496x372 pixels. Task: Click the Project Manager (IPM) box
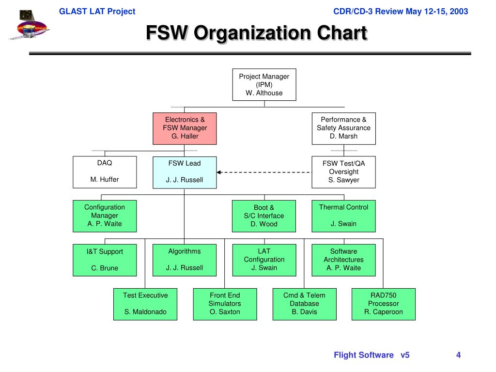click(x=264, y=84)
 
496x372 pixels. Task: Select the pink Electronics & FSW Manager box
click(x=185, y=128)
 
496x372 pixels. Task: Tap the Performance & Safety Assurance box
click(x=343, y=128)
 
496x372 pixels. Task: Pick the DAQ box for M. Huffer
click(x=105, y=171)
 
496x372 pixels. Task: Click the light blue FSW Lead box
click(x=185, y=171)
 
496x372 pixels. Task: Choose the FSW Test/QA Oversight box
click(x=343, y=171)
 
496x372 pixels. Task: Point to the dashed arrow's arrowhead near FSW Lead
click(x=219, y=172)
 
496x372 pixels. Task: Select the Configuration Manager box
click(x=105, y=216)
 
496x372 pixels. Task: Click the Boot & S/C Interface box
click(x=264, y=216)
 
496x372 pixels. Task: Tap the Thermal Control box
click(x=343, y=216)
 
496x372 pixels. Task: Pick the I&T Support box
click(x=105, y=260)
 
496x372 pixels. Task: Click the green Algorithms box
click(x=185, y=260)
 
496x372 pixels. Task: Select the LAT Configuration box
click(x=264, y=260)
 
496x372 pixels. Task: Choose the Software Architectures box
click(x=343, y=260)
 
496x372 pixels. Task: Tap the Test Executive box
click(x=145, y=304)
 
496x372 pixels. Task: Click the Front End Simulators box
click(x=225, y=304)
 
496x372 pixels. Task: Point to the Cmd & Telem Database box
click(x=304, y=304)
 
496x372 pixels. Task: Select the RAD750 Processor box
click(x=383, y=304)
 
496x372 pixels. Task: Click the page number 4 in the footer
click(x=458, y=355)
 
